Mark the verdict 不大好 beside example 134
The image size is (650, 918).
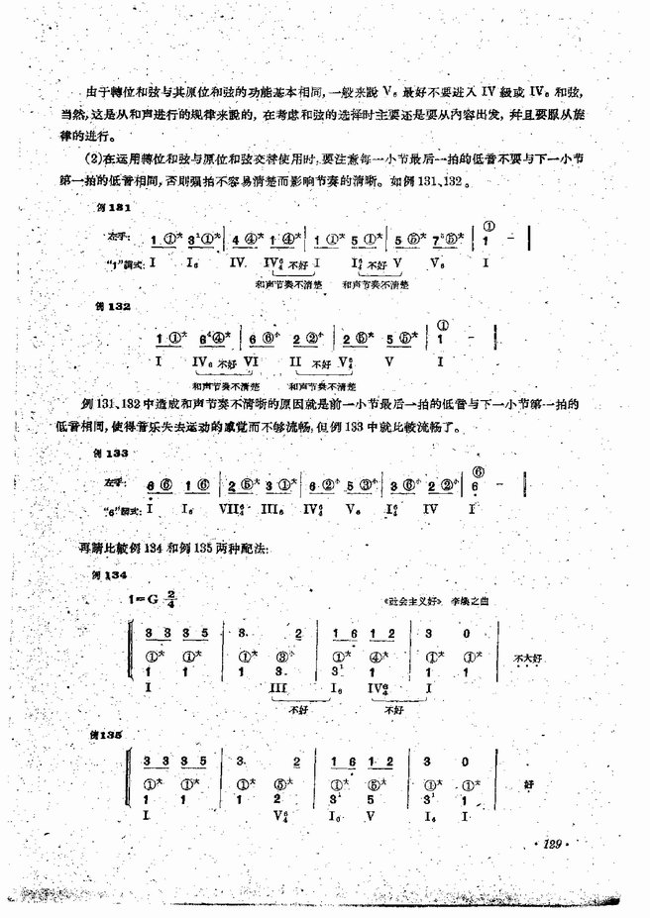(528, 657)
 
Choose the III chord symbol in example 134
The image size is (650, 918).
(280, 685)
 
